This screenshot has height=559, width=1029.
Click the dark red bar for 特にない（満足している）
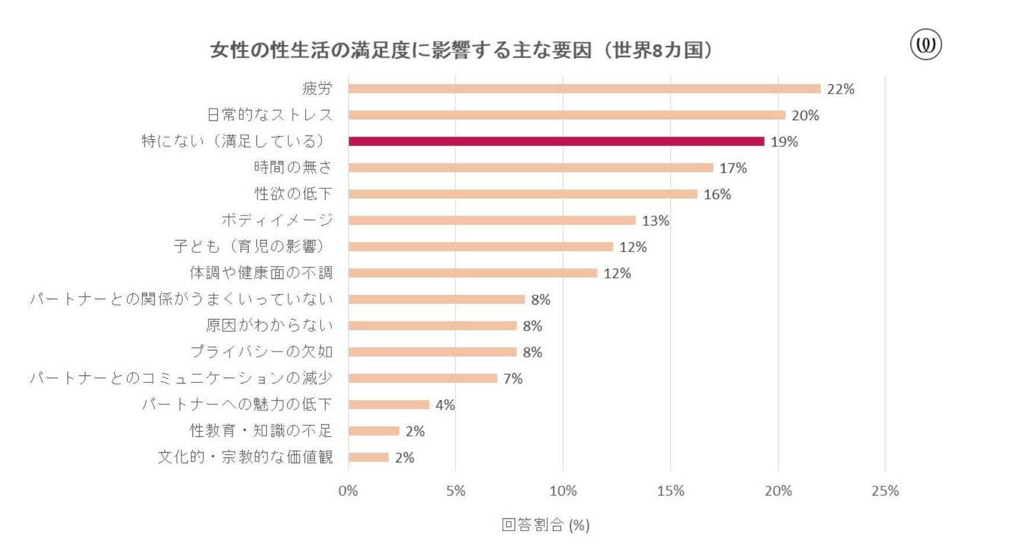(x=556, y=141)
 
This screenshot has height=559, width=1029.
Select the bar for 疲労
(x=584, y=89)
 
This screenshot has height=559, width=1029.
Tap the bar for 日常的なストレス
(x=567, y=115)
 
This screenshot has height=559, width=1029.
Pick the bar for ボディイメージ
(x=492, y=220)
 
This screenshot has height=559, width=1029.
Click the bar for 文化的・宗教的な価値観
(x=369, y=457)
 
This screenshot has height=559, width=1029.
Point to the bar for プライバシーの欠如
(x=433, y=352)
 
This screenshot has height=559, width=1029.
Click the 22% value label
(x=841, y=89)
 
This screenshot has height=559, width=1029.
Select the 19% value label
(x=784, y=142)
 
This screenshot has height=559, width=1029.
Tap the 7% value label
(x=513, y=378)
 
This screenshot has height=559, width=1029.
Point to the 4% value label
(x=445, y=405)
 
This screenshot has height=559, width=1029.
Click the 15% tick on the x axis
(x=670, y=491)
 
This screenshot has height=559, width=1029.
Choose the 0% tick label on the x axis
(x=348, y=491)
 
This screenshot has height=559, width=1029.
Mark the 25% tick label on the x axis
(x=885, y=491)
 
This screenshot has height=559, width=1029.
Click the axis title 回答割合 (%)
(x=545, y=525)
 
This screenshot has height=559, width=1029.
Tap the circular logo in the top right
(x=926, y=45)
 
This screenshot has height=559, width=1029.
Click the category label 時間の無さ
(x=293, y=167)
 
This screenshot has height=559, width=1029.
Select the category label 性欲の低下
(x=294, y=193)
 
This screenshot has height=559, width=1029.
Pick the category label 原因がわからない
(x=269, y=325)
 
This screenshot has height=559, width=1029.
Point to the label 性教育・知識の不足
(x=261, y=431)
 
